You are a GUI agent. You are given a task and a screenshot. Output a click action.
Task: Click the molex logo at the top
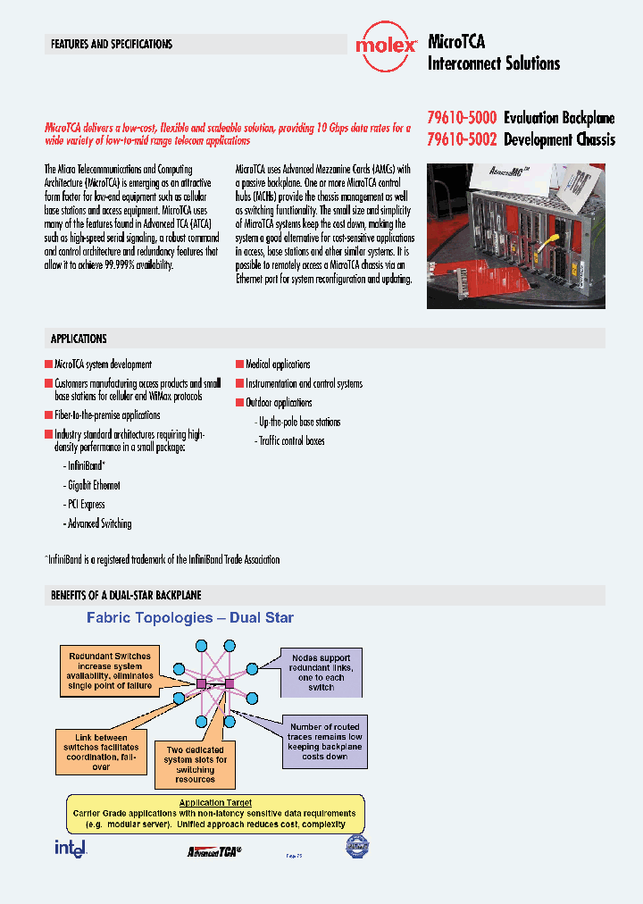386,45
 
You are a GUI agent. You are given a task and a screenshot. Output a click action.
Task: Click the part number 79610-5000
461,118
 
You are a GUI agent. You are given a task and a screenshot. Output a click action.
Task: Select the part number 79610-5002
461,139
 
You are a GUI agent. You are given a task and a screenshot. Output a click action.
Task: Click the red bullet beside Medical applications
238,364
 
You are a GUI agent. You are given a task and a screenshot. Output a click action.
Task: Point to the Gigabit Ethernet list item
93,485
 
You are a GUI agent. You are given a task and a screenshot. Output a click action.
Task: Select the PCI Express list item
86,505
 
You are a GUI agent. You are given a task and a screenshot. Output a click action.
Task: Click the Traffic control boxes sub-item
290,440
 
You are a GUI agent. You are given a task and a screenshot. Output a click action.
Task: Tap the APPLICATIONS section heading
79,339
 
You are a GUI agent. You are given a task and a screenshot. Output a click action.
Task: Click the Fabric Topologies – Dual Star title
189,617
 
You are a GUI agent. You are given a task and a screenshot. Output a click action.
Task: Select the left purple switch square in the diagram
201,683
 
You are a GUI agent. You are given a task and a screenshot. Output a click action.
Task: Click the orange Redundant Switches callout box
111,671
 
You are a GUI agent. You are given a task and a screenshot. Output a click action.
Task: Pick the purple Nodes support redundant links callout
321,672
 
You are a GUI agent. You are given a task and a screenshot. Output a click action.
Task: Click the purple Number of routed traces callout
324,741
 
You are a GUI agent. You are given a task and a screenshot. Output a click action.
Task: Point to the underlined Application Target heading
215,803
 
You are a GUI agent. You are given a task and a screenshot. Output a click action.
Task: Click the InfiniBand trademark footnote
163,559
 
